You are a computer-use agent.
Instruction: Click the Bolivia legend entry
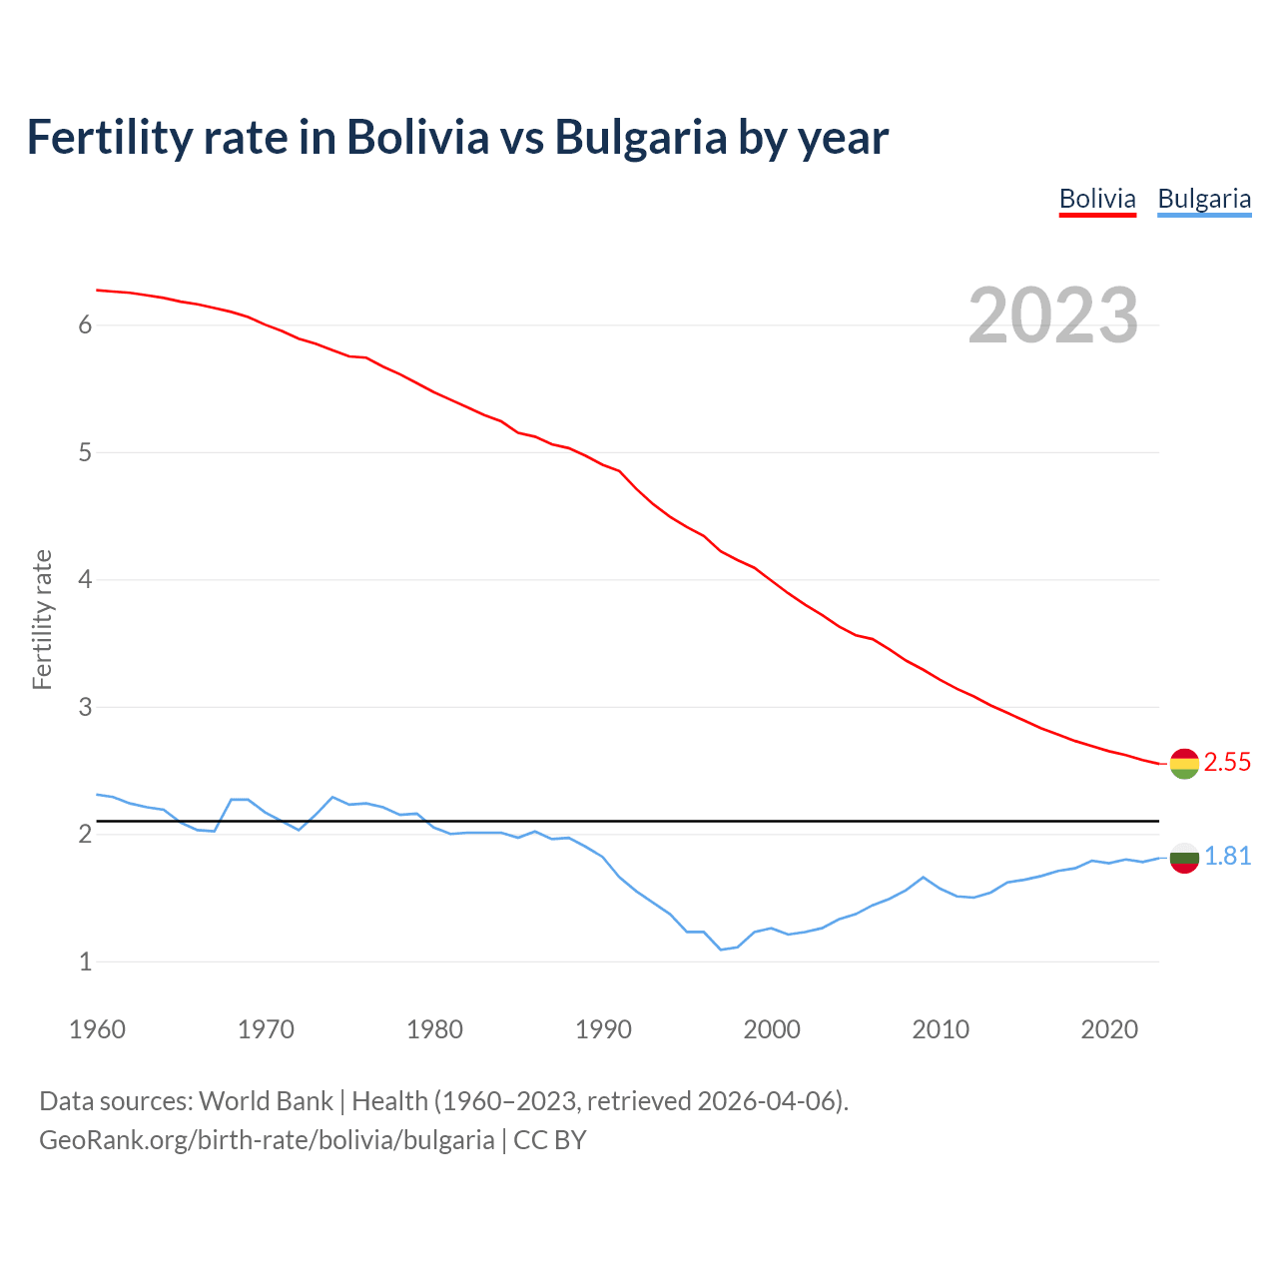(1097, 199)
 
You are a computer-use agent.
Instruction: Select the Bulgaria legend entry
(1204, 199)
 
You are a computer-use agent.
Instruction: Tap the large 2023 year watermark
(1052, 316)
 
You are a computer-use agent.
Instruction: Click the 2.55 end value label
(1227, 763)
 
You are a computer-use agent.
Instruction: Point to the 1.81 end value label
(1227, 857)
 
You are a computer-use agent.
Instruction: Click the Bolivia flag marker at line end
(1184, 764)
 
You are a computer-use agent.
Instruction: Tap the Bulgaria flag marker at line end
(1184, 858)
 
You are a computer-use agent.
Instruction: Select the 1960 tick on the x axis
(97, 1029)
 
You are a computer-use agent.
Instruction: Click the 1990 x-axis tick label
(603, 1029)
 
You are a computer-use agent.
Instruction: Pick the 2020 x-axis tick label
(1109, 1029)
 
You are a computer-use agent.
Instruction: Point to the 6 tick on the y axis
(85, 325)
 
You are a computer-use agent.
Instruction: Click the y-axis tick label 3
(85, 708)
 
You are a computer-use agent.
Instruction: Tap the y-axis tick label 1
(85, 962)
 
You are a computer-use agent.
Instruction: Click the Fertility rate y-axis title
(42, 619)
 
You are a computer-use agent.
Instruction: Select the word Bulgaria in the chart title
(641, 138)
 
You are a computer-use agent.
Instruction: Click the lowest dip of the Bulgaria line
(721, 950)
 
